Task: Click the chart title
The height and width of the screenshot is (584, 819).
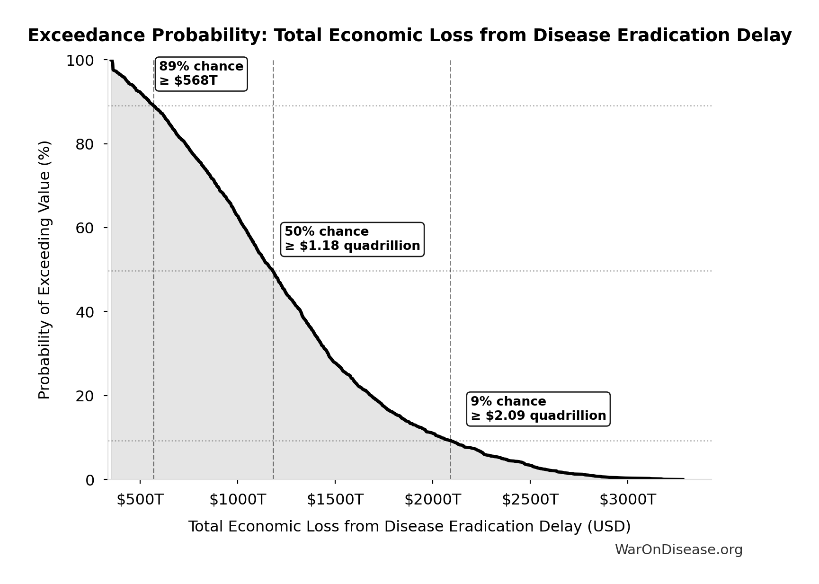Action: pos(409,35)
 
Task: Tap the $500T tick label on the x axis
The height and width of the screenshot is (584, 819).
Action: pos(140,499)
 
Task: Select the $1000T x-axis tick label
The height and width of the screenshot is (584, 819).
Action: pos(238,499)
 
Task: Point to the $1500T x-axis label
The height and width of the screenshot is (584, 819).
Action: pos(335,499)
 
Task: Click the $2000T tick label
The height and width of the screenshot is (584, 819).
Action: pos(433,499)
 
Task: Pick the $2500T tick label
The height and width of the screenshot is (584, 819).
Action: pos(530,499)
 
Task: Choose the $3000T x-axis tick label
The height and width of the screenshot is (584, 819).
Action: pos(628,499)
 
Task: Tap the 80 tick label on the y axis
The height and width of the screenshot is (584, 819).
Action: pos(85,144)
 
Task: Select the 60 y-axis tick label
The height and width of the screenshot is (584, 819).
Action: pos(85,228)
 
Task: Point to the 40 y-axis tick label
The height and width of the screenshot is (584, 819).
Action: pos(85,312)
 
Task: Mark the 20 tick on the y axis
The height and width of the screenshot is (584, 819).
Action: pos(85,396)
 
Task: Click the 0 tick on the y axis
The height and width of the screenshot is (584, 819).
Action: pos(89,480)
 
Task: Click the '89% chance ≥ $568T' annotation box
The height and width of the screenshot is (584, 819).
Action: pos(201,74)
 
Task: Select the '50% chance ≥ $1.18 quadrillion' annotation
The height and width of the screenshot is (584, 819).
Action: pos(352,239)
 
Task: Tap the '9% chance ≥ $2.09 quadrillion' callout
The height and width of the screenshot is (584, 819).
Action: pos(538,409)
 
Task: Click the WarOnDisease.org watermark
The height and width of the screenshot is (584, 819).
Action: pos(678,549)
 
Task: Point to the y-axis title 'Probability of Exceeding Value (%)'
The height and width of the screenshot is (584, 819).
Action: pos(44,270)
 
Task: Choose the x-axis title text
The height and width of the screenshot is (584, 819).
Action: pos(409,526)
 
